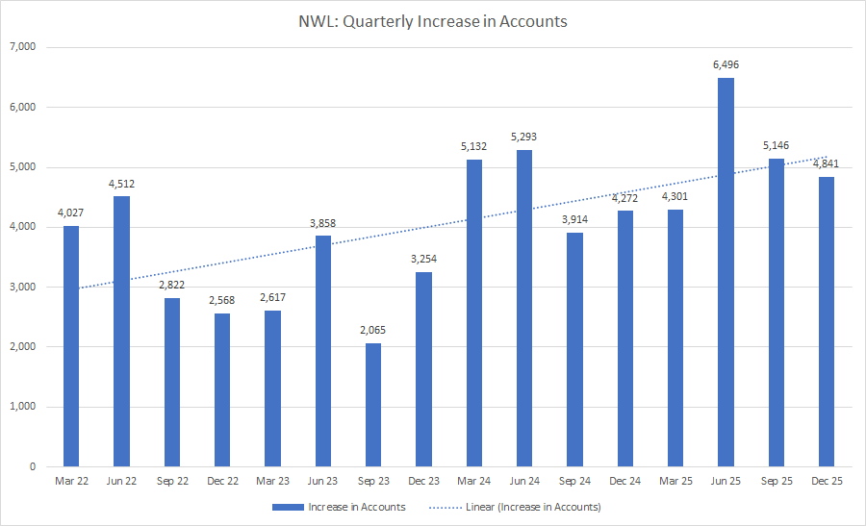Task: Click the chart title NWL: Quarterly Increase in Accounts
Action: [x=432, y=21]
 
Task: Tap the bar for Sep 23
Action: [x=373, y=405]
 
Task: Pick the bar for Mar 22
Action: [x=71, y=346]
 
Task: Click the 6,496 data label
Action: [x=726, y=65]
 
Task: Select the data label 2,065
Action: [x=373, y=331]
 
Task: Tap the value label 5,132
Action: [x=474, y=147]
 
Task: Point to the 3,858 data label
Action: [x=323, y=223]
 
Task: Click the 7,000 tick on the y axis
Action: [x=21, y=47]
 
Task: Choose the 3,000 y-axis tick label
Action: [x=21, y=287]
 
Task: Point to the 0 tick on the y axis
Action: [x=33, y=466]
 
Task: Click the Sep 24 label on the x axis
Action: [x=574, y=481]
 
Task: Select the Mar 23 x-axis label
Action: [x=272, y=481]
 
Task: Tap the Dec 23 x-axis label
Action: [x=423, y=481]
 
